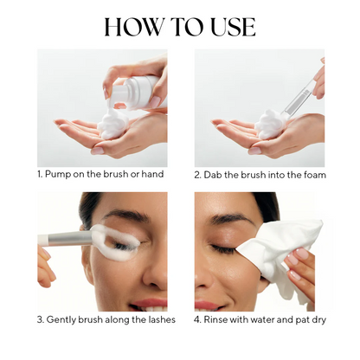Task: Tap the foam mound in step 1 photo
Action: [x=111, y=124]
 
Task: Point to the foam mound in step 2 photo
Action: [x=270, y=124]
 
